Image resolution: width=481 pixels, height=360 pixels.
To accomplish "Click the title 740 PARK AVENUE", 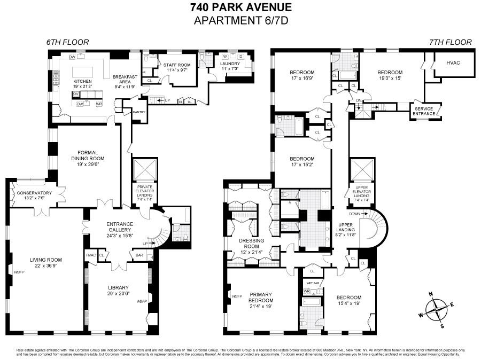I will click(x=241, y=7).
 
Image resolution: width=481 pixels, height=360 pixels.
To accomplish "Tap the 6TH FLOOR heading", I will click(x=67, y=42).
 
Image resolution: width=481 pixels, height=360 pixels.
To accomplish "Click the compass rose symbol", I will click(x=437, y=308).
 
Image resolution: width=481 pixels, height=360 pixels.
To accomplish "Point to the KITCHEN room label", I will click(x=83, y=81).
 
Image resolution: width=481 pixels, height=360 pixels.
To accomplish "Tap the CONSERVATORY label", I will click(x=34, y=193).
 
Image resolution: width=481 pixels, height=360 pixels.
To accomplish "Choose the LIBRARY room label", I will click(x=119, y=287).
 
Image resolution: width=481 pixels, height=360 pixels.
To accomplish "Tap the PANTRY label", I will click(x=138, y=112).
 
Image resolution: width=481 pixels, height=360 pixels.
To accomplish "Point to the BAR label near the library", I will click(x=140, y=255).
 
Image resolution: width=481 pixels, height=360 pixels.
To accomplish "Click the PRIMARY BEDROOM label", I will click(x=260, y=297).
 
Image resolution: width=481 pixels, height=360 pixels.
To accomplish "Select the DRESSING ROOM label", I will click(x=251, y=243).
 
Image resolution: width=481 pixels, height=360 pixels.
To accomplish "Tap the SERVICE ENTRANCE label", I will click(x=424, y=111).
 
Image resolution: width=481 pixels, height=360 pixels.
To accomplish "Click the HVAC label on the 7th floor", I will click(x=453, y=62).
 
